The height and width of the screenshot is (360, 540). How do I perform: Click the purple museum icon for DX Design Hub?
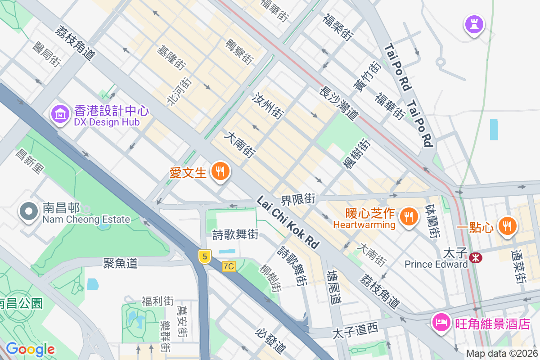(60, 115)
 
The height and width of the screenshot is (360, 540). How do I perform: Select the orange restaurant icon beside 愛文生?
(220, 171)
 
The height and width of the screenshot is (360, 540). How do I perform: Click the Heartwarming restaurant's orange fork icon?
(408, 217)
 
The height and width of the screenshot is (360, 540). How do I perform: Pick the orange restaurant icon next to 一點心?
(507, 226)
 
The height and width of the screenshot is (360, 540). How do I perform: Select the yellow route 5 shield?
(205, 257)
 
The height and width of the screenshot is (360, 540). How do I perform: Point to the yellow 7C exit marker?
(229, 266)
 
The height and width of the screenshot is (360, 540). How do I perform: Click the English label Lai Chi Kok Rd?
(288, 222)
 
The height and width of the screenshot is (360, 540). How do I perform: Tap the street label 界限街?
(298, 198)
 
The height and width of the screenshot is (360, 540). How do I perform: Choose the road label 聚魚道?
(120, 263)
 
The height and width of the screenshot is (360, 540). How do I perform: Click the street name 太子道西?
(355, 332)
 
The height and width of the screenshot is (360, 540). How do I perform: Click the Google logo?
(30, 349)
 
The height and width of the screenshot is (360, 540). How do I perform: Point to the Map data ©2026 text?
(501, 354)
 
